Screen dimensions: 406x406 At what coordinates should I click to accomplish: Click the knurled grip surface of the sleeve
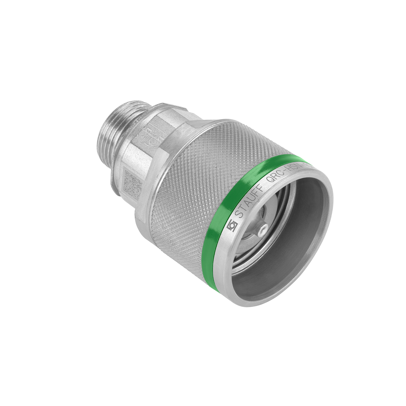(x=189, y=176)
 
